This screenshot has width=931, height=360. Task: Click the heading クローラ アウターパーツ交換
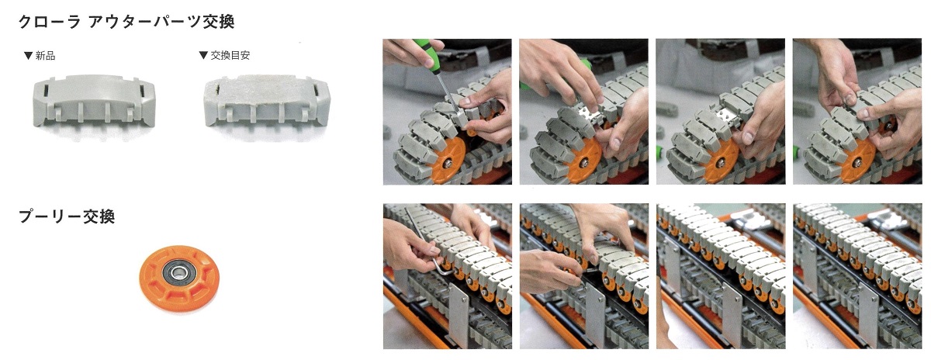[x=126, y=22]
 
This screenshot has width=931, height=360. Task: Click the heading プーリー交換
[x=67, y=216]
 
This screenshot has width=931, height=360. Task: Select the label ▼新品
[x=40, y=56]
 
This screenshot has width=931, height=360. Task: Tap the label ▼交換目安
[x=224, y=55]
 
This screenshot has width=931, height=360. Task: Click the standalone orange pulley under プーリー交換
[x=179, y=278]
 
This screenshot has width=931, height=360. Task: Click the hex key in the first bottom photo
[x=424, y=245]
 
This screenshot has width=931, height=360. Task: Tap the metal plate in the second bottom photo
[x=595, y=317]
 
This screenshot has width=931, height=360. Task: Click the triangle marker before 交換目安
[x=203, y=55]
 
